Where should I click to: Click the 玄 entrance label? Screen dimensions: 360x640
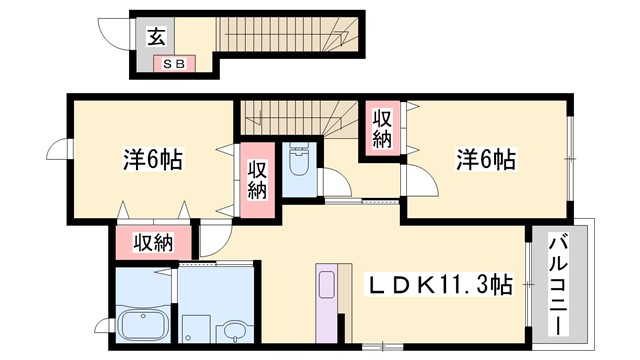157,37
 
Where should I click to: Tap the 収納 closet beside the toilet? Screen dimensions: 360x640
256,181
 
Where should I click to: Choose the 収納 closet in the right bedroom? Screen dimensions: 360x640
383,128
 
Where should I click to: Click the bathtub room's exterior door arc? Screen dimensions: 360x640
104,324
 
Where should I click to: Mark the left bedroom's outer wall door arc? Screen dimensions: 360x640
59,149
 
